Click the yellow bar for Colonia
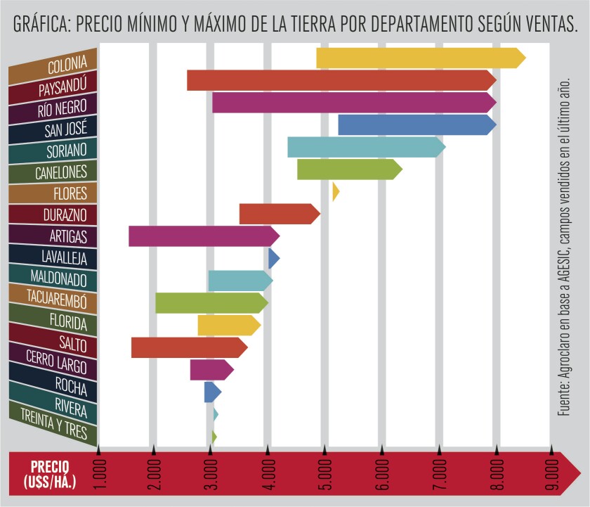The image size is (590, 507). point(420,58)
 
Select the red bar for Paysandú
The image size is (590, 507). point(341,80)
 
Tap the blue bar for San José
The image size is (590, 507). point(417,124)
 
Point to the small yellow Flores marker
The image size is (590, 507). point(336,191)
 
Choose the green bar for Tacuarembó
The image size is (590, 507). point(211,303)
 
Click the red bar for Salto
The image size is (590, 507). point(189,347)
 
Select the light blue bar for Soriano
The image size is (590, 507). point(366,147)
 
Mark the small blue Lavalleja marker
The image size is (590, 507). point(274,259)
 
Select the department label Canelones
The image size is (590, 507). point(61,171)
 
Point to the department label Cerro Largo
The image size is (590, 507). point(56,363)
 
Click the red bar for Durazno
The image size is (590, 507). point(279,214)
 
